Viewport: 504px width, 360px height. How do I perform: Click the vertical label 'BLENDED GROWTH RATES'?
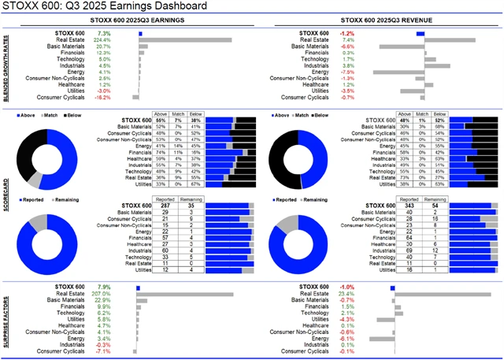[x=7, y=67]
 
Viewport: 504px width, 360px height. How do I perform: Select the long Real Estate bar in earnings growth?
[x=185, y=39]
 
